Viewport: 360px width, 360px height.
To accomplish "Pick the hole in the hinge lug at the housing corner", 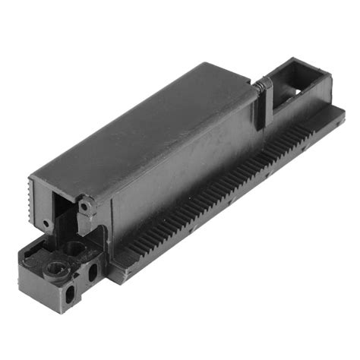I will (x=86, y=205).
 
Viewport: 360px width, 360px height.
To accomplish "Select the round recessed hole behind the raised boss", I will (x=74, y=247).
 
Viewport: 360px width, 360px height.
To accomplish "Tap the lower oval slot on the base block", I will (x=73, y=292).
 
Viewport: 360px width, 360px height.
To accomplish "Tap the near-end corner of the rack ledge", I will (x=114, y=275).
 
